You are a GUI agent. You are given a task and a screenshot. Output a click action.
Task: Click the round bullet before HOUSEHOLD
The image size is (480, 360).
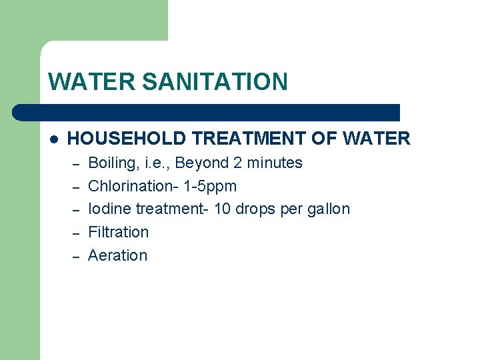tap(54, 139)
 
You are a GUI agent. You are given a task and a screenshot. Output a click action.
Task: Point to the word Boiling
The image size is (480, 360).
tap(111, 163)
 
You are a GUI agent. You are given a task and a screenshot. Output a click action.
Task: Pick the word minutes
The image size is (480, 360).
tap(273, 163)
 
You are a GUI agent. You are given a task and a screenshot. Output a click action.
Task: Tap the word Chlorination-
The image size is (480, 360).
tap(131, 186)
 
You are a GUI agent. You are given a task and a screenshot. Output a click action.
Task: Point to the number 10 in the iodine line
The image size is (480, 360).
tap(222, 209)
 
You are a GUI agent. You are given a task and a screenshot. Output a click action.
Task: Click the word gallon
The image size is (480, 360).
tap(327, 209)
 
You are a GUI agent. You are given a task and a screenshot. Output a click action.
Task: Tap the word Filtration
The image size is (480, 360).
tap(119, 232)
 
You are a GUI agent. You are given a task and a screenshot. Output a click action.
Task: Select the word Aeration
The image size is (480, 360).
tap(118, 255)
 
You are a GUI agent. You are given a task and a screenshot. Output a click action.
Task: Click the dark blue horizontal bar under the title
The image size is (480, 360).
tap(207, 112)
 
